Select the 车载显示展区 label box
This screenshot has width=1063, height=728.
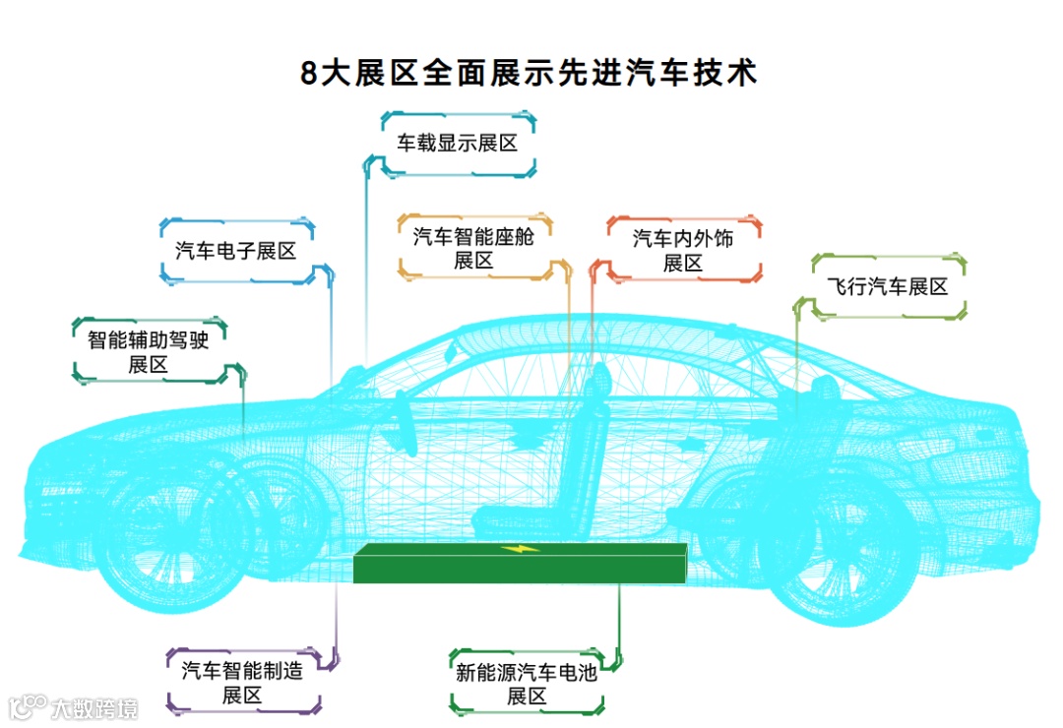(x=458, y=144)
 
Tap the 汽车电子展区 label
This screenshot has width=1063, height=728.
(x=236, y=251)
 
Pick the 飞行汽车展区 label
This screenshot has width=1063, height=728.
(x=888, y=287)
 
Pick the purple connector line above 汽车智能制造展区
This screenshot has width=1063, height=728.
(x=338, y=620)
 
